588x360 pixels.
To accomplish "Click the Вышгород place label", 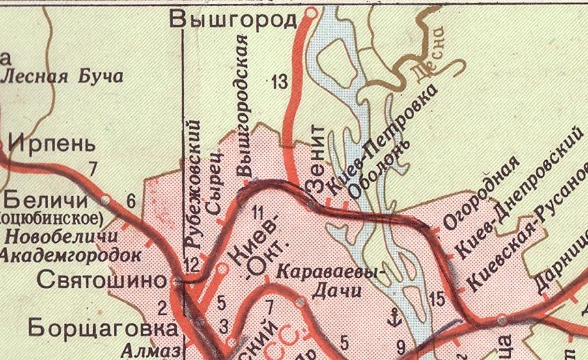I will pyautogui.click(x=232, y=20).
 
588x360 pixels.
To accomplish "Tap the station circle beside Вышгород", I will pyautogui.click(x=311, y=12).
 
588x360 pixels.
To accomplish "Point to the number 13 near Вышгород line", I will pyautogui.click(x=279, y=83).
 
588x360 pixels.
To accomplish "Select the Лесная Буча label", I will pyautogui.click(x=63, y=76).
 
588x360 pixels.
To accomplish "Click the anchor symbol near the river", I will pyautogui.click(x=393, y=319).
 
